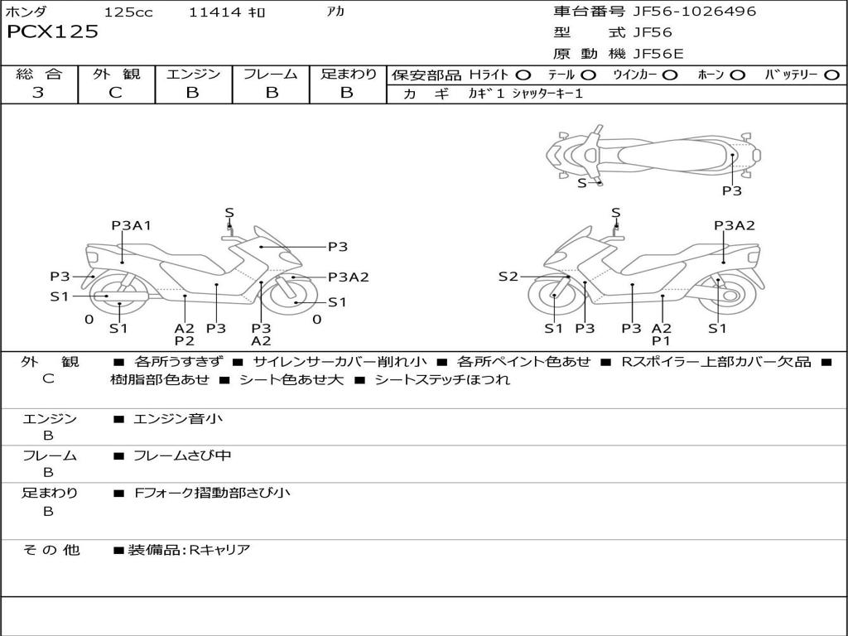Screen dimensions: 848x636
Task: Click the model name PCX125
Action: click(x=52, y=31)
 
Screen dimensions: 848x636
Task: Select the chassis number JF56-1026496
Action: click(x=695, y=12)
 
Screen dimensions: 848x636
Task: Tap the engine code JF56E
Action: click(x=658, y=54)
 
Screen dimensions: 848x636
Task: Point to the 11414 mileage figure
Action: click(x=214, y=12)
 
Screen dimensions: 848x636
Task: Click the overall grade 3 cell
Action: click(x=38, y=93)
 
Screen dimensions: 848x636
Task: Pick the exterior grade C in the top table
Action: click(x=115, y=93)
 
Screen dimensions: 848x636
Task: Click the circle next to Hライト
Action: click(x=523, y=75)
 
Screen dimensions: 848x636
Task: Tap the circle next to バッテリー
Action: click(x=831, y=75)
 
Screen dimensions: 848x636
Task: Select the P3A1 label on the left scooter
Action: click(x=132, y=225)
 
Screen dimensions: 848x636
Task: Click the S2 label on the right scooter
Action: click(x=508, y=277)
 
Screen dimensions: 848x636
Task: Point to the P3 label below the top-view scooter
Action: click(x=732, y=190)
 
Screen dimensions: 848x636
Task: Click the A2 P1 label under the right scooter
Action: click(x=661, y=335)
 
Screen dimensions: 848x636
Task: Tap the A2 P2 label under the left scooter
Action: click(x=185, y=335)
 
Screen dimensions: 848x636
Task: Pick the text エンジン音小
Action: click(x=177, y=418)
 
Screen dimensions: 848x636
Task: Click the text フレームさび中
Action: click(x=182, y=456)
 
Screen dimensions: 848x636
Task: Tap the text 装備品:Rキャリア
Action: click(x=189, y=550)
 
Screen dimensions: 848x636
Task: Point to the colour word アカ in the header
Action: click(x=335, y=12)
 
